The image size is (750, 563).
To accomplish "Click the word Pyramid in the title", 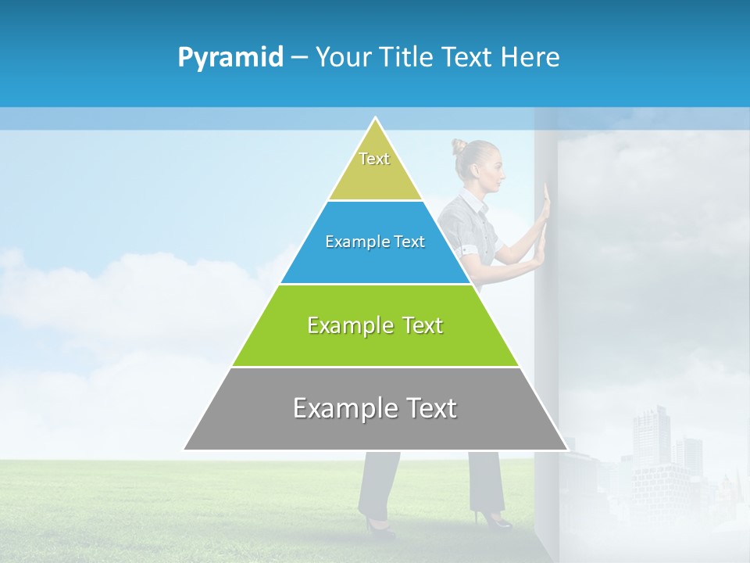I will pos(230,58).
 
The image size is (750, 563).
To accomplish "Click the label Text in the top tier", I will pos(374,159).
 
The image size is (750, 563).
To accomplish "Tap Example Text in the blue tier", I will pos(375,242).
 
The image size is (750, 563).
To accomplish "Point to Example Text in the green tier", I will pos(375,325).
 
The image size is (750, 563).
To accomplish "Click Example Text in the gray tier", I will pos(375,408).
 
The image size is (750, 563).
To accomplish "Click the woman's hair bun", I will pos(458,146).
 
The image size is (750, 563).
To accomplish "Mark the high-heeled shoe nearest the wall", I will pos(492,519).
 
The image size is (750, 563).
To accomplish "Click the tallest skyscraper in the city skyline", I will pos(650,438).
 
